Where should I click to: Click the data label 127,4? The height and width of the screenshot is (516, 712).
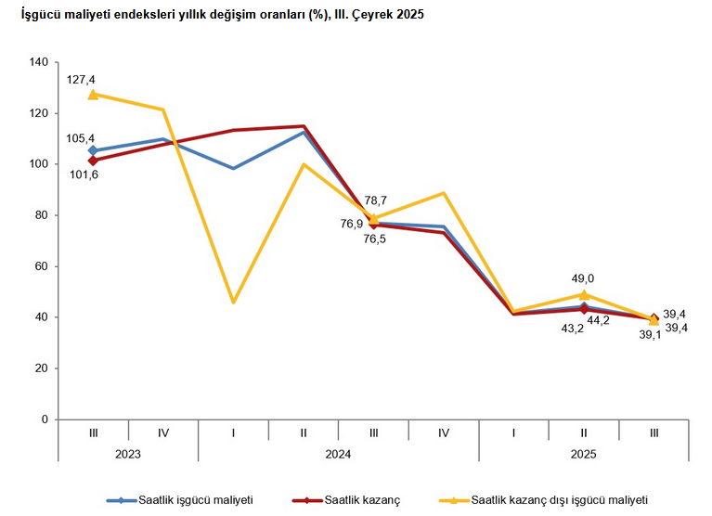(x=81, y=80)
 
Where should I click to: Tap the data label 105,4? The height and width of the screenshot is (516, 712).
(x=81, y=138)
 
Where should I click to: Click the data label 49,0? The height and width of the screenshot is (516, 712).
(x=582, y=278)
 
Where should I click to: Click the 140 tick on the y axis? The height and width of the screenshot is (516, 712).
(x=39, y=62)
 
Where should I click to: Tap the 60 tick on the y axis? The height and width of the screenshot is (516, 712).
(x=42, y=266)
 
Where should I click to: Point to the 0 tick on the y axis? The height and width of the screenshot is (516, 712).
(x=45, y=419)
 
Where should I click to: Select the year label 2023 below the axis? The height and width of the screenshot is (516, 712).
(x=128, y=454)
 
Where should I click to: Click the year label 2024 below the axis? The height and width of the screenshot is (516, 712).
(x=339, y=454)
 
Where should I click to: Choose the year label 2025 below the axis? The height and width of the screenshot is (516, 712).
(x=584, y=454)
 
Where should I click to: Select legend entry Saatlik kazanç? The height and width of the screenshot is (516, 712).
(x=362, y=501)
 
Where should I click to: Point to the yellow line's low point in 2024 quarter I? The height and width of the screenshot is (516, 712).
(x=233, y=303)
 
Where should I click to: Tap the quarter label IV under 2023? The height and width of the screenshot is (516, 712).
(x=163, y=432)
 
